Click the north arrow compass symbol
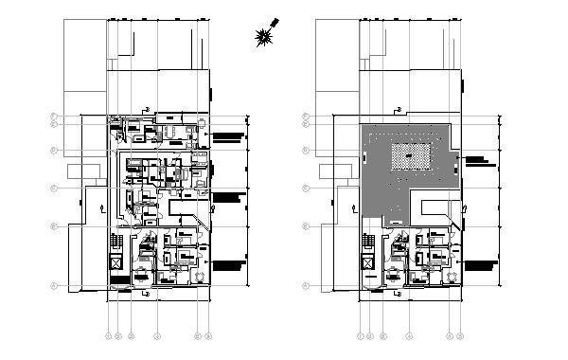coord(265,35)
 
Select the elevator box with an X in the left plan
coord(116,263)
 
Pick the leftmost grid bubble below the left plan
coord(109,335)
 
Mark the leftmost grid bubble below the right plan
coord(361,335)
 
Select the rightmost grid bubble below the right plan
coord(459,335)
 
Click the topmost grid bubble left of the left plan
coord(54,117)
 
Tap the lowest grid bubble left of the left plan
coord(54,285)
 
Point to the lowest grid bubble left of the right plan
coord(307,285)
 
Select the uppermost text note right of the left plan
coord(228,138)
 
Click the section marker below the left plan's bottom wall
coord(144,295)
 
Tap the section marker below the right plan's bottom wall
coord(397,295)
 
